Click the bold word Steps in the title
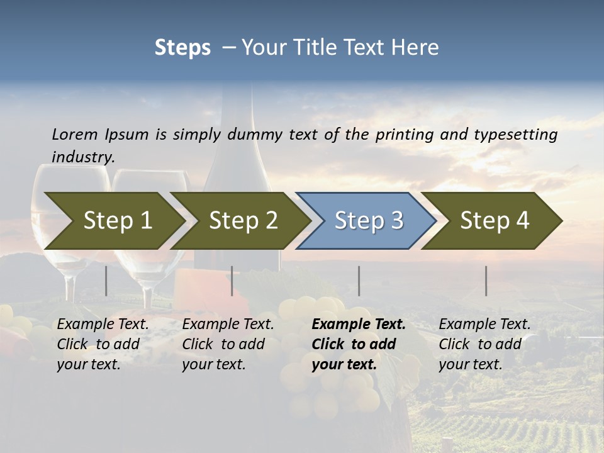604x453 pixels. click(182, 48)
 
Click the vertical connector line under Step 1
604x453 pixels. click(106, 281)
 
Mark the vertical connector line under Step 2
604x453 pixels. click(232, 281)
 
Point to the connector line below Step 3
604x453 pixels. click(359, 281)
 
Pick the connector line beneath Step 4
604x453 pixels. click(486, 281)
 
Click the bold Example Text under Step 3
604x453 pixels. click(359, 325)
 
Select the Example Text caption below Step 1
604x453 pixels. click(103, 325)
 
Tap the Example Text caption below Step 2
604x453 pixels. click(228, 325)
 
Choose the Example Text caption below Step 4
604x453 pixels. click(484, 325)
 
